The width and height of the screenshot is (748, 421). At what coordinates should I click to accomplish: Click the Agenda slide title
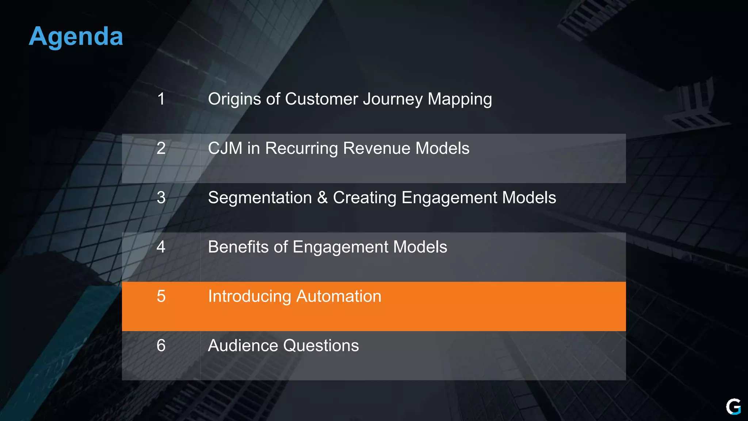(x=76, y=37)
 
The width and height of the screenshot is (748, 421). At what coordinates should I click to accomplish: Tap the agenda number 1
(x=161, y=99)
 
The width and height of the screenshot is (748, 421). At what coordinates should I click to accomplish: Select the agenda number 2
(x=161, y=148)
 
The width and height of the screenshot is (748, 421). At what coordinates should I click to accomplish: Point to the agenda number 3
(x=161, y=198)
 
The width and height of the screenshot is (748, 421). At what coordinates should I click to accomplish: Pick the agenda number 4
(x=161, y=247)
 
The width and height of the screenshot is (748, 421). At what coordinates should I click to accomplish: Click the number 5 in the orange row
(x=161, y=296)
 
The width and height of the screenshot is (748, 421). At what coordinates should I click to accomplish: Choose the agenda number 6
(x=161, y=346)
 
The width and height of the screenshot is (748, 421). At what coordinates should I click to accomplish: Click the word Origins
(x=234, y=99)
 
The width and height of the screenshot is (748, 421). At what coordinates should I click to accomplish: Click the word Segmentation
(x=260, y=198)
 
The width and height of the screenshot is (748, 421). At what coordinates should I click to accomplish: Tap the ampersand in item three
(x=323, y=198)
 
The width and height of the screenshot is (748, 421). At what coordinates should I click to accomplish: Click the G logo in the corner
(x=733, y=407)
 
